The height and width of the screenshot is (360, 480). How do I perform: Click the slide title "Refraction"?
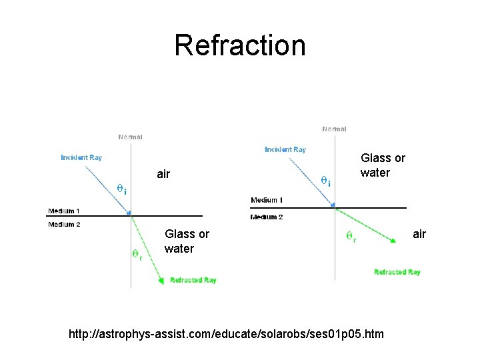[240, 45]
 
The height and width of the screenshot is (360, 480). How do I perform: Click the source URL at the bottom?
[227, 333]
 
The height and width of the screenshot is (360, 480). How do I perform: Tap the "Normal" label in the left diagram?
[130, 137]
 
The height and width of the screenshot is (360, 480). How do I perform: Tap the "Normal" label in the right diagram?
[334, 129]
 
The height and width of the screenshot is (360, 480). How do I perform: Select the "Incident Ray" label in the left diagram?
[81, 158]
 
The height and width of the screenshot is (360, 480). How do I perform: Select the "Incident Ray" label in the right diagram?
[285, 149]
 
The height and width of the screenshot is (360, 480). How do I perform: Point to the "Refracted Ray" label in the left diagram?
[193, 281]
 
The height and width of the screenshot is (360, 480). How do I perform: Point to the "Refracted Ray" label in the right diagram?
[397, 272]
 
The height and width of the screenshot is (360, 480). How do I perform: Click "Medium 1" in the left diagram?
[64, 211]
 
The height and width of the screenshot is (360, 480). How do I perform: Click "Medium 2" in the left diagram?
[64, 225]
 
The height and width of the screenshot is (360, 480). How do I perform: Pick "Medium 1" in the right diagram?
[267, 200]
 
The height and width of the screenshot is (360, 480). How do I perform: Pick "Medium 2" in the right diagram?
[267, 217]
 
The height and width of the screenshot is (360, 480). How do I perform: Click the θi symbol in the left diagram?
[122, 188]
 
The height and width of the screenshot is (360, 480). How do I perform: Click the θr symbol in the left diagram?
[136, 254]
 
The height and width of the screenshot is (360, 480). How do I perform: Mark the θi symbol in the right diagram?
[325, 181]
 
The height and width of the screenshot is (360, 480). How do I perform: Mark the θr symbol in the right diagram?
[350, 236]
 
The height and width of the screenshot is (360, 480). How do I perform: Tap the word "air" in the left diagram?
[163, 175]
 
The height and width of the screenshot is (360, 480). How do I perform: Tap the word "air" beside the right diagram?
[419, 234]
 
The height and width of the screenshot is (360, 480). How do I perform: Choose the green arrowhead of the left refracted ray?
[161, 281]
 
